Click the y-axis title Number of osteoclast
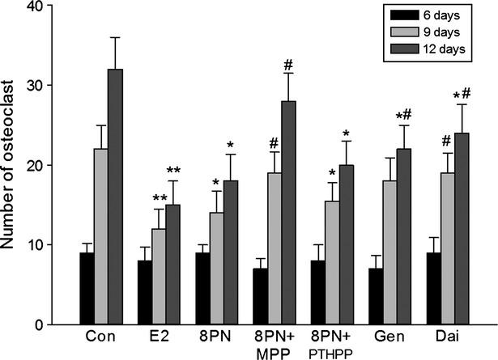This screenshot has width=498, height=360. coord(12,166)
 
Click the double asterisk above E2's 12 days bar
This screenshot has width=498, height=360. coord(174,171)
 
